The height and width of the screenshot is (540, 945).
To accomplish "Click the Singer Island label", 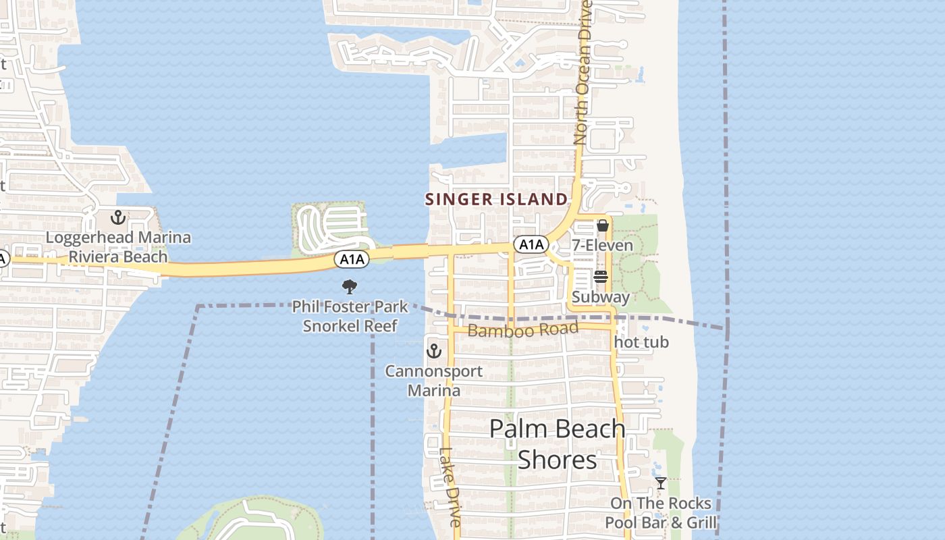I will coord(496,199).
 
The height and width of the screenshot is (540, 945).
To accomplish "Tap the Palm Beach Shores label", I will coord(557,444).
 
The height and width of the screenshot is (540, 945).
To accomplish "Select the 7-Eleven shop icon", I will coord(603,225).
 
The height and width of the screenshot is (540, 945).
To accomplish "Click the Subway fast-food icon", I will coord(601,277).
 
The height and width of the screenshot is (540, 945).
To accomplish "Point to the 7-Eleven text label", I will coord(603,245).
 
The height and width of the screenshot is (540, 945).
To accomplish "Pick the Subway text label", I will coord(601,297).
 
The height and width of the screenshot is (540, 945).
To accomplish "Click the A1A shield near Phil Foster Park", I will coord(352,259).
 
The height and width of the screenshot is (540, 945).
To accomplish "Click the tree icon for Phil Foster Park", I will coord(349,288).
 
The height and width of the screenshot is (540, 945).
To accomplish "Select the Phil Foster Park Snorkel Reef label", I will coord(350,317).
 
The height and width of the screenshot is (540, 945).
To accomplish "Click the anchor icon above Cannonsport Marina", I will coord(433,351).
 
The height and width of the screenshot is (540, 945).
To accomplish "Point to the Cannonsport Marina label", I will coord(434,381).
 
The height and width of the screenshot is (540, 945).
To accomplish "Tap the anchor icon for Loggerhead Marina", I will coord(118,217).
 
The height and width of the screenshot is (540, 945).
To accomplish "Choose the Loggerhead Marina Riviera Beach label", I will coord(118,247).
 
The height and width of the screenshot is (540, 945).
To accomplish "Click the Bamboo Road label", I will coord(523,330).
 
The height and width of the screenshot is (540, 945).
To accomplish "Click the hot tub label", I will coord(641,342).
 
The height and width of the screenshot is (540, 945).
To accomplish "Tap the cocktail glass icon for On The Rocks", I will coord(661,483).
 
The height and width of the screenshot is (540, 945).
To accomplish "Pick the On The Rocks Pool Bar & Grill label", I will coord(661,513).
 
